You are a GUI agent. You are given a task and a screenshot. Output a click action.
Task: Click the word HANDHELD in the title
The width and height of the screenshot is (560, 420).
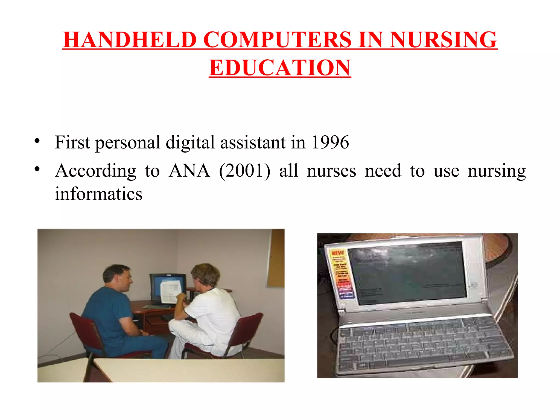tap(130, 40)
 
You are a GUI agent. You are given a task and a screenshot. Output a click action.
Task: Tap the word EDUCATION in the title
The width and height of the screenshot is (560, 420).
tap(280, 68)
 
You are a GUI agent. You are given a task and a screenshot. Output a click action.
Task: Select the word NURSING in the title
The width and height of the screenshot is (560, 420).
tap(443, 40)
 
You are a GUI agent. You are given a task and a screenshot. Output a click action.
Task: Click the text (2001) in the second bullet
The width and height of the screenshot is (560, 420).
tap(245, 171)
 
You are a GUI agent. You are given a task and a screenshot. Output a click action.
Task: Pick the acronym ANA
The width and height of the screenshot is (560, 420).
tap(189, 171)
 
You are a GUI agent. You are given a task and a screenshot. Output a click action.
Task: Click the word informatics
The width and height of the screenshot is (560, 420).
tap(98, 194)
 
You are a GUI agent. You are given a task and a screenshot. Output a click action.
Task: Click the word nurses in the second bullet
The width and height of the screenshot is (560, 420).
tap(331, 171)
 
